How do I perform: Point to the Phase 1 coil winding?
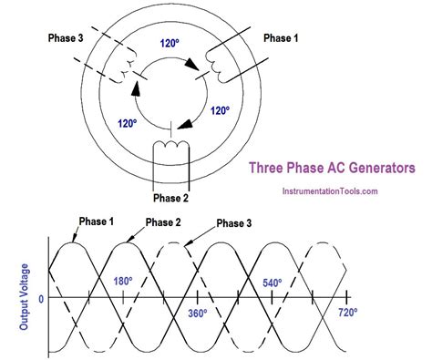[x=219, y=62]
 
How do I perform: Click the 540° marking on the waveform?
[x=273, y=283]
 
